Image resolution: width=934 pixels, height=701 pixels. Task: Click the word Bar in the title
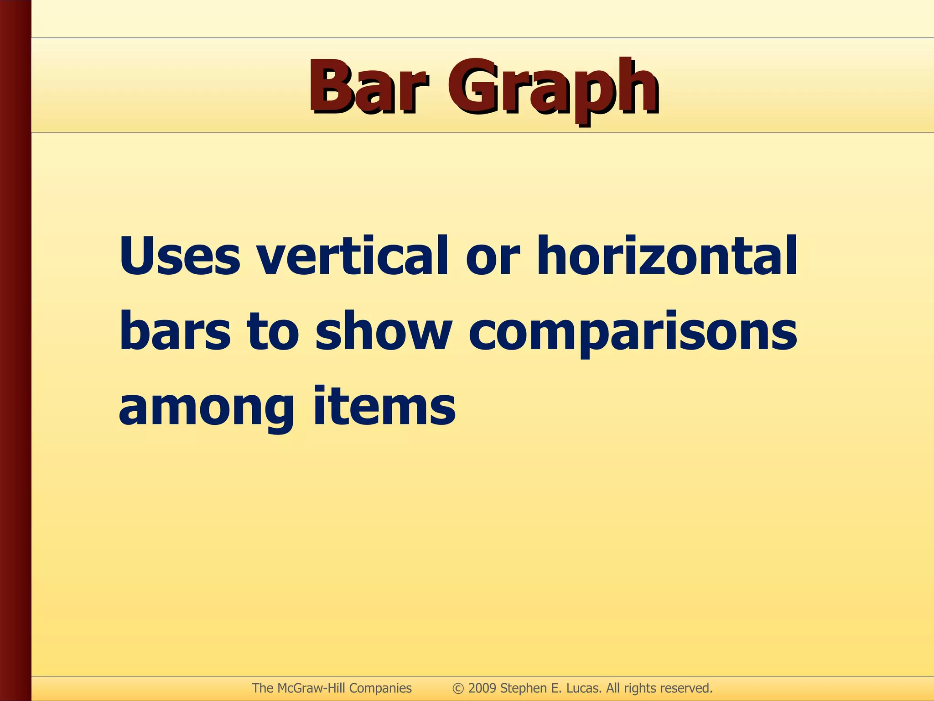coord(368,87)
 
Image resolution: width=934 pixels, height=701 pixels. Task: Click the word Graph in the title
coord(553,89)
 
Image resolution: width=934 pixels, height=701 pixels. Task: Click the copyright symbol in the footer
coord(458,688)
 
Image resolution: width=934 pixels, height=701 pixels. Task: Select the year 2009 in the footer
coord(482,688)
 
